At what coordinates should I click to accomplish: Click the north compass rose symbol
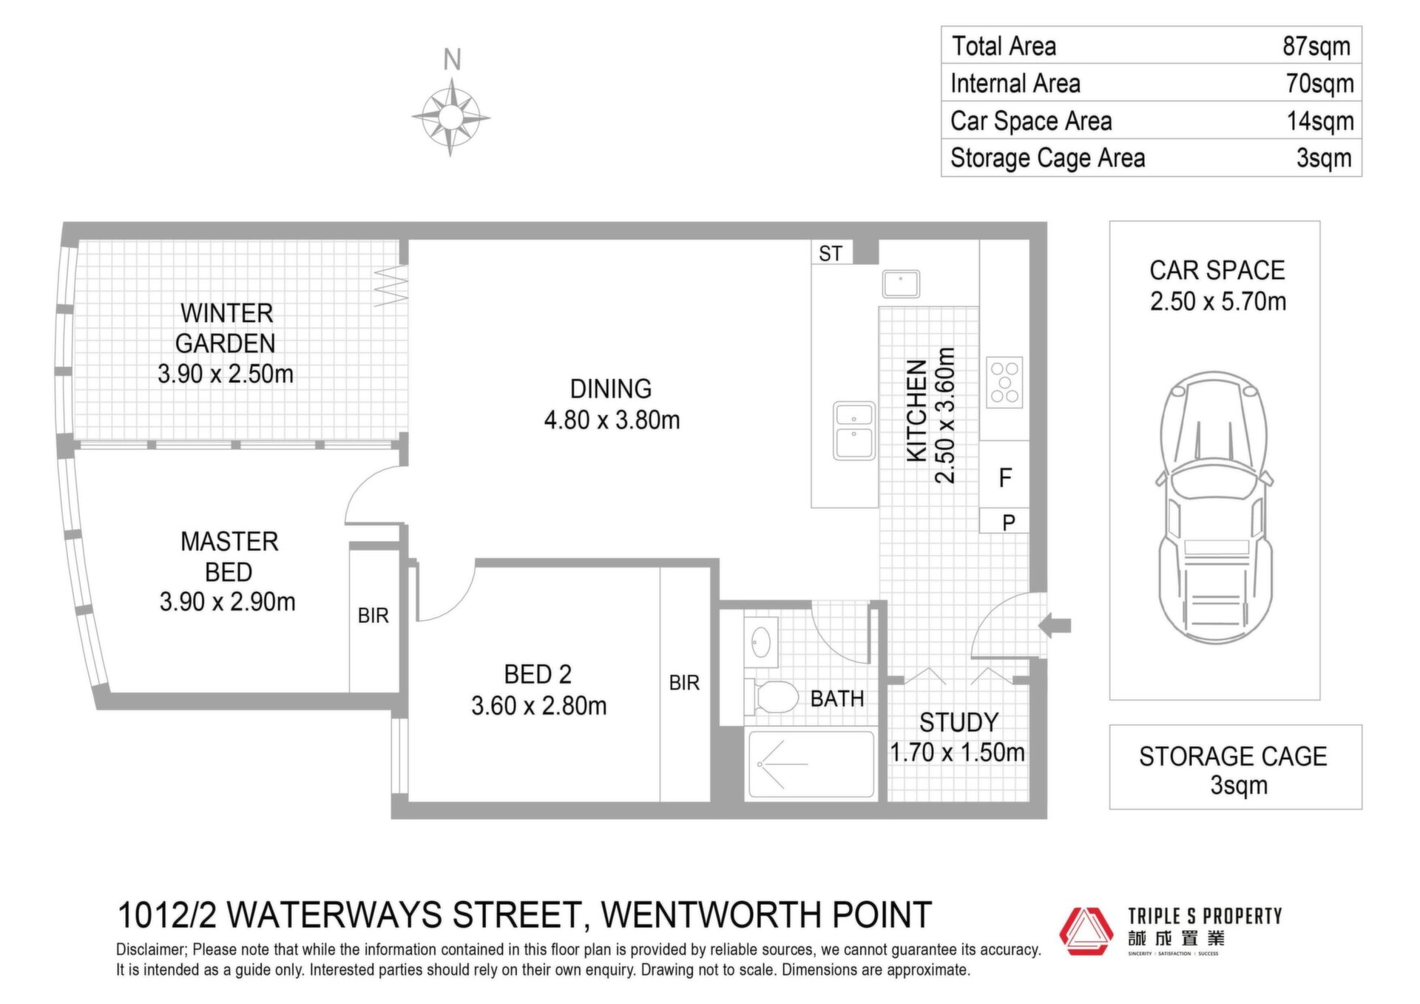(x=450, y=117)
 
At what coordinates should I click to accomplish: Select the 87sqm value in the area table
(x=1316, y=46)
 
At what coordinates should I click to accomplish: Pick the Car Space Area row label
(x=1031, y=121)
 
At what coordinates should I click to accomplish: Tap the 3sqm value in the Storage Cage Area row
(x=1324, y=158)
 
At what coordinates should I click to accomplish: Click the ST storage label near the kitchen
(x=831, y=254)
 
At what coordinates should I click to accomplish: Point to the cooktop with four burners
(x=1004, y=383)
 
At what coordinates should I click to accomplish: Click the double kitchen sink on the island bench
(x=854, y=431)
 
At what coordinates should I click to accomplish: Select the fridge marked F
(x=1004, y=477)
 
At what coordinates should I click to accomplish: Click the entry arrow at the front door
(x=1055, y=626)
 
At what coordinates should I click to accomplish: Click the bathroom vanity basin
(x=761, y=642)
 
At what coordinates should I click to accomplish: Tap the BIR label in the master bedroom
(x=373, y=616)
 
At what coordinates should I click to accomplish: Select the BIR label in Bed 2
(x=684, y=683)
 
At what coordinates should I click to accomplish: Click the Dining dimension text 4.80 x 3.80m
(x=612, y=420)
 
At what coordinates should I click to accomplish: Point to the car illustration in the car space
(x=1214, y=508)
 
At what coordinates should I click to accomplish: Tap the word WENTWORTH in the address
(x=711, y=915)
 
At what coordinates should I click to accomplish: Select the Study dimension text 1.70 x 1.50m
(x=957, y=753)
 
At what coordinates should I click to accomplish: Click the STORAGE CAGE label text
(x=1233, y=757)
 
